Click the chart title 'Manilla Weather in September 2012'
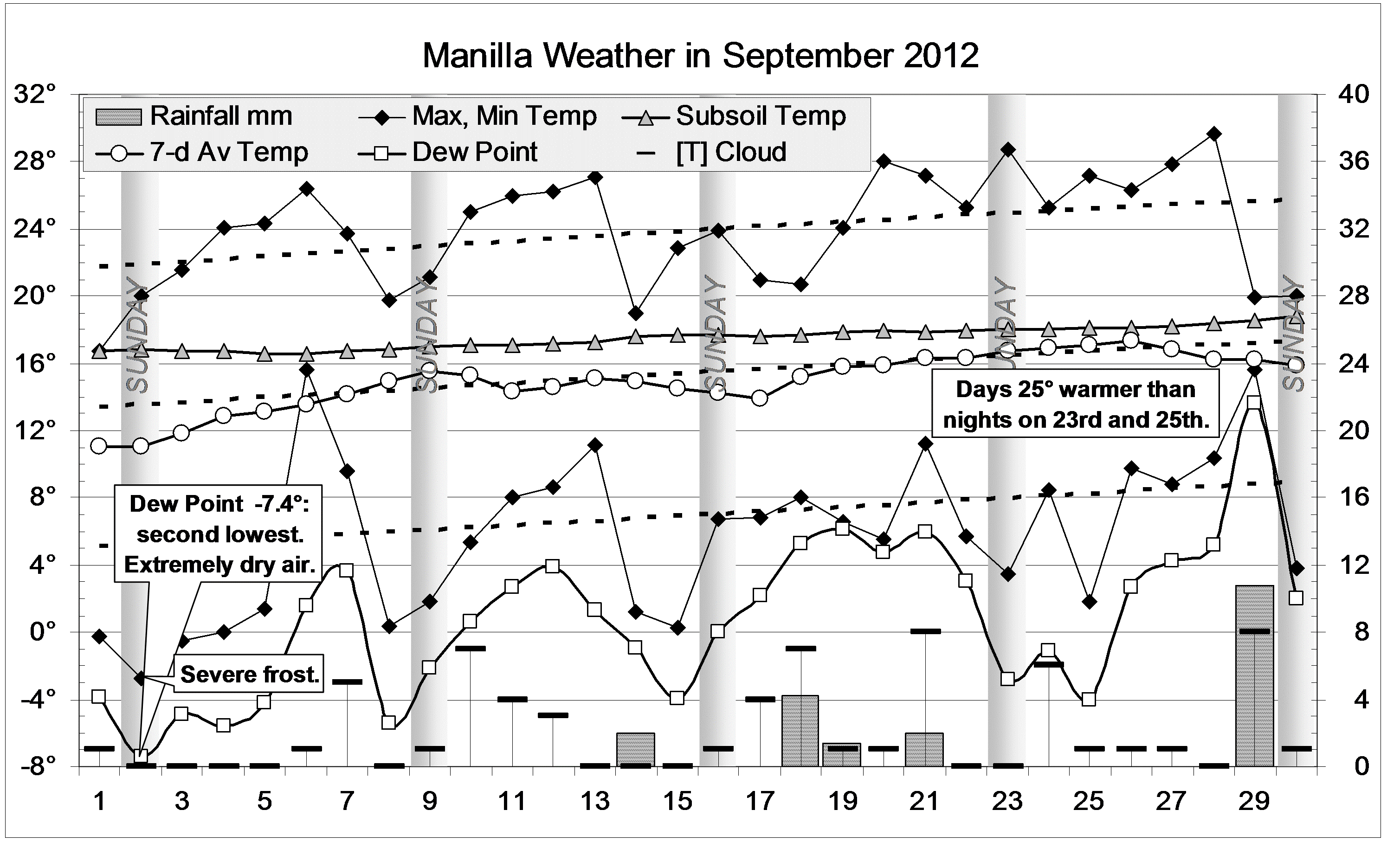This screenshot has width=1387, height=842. (700, 56)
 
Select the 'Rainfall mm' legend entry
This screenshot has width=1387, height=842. (194, 116)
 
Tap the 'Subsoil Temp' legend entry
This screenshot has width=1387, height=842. (734, 116)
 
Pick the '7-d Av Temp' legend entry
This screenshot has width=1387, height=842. (203, 153)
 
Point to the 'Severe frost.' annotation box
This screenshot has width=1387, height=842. (249, 674)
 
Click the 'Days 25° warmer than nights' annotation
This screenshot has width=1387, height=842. (1075, 404)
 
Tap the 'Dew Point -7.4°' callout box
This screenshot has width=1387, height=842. (219, 533)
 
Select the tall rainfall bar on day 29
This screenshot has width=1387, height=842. (1254, 675)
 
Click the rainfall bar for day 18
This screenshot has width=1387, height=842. (800, 731)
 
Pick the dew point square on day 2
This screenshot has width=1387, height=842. (141, 755)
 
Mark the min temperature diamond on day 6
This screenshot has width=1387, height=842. (306, 370)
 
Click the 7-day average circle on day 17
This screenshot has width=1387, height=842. (759, 398)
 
